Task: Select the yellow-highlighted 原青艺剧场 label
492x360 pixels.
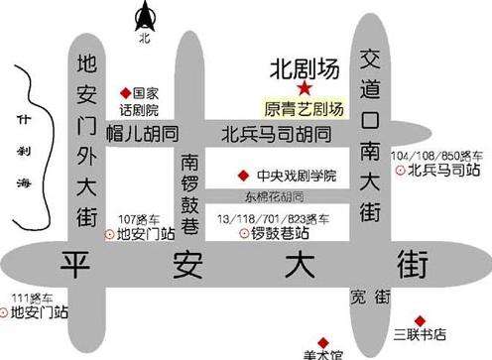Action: (304, 109)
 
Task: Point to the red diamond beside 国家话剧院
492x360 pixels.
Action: (125, 88)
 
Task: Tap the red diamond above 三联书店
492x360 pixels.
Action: (420, 319)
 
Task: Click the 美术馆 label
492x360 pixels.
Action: (323, 352)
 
